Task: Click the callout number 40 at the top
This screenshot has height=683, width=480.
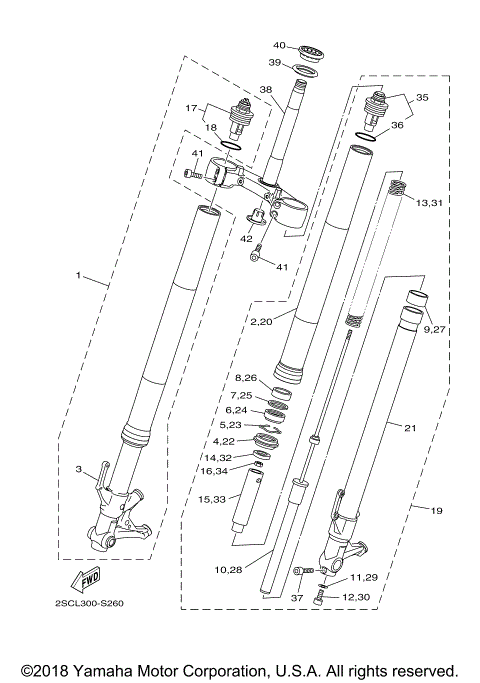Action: [x=280, y=45]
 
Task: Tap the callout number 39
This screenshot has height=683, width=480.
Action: [x=274, y=63]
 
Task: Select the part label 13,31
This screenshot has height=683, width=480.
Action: [x=429, y=203]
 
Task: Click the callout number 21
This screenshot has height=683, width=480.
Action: [x=409, y=427]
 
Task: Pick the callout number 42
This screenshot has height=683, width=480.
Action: [x=246, y=239]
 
